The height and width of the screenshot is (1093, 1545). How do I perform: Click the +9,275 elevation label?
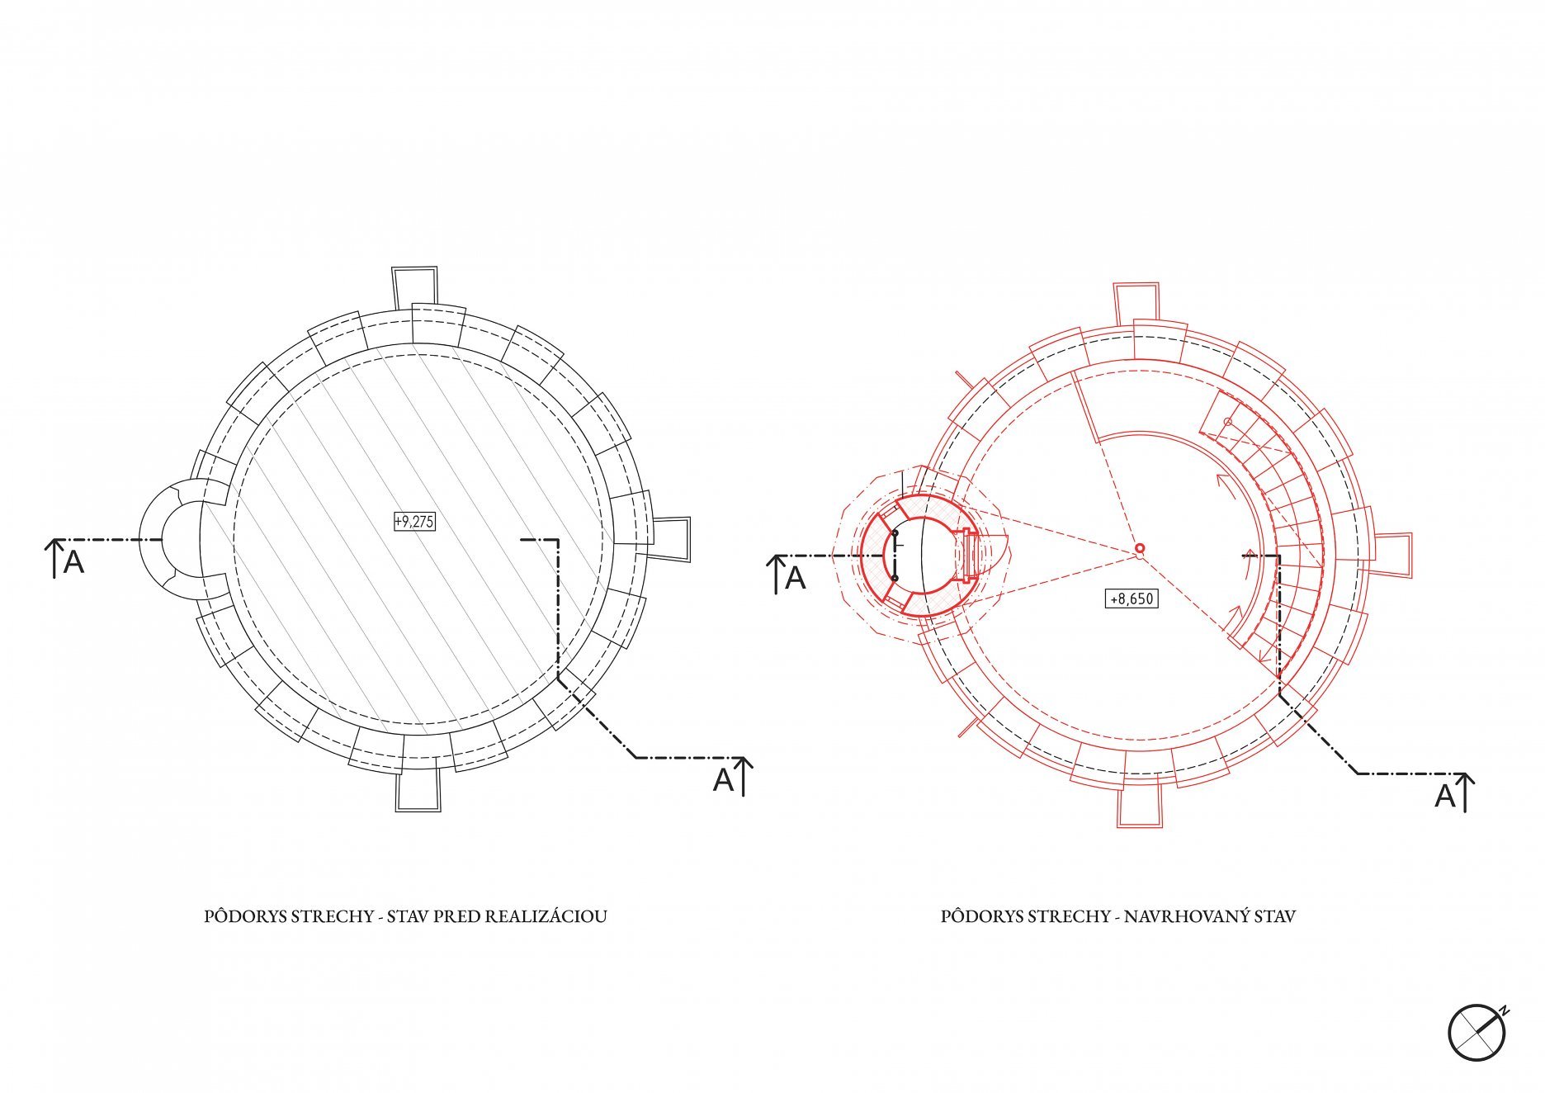(x=414, y=522)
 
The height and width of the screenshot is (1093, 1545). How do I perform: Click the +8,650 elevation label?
(x=1132, y=599)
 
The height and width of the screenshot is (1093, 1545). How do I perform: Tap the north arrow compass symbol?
(x=1477, y=1033)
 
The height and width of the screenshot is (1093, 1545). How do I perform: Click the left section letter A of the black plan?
(x=73, y=562)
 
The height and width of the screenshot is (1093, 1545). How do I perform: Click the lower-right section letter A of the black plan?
(x=723, y=779)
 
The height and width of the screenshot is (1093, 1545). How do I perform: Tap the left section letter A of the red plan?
(x=795, y=578)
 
